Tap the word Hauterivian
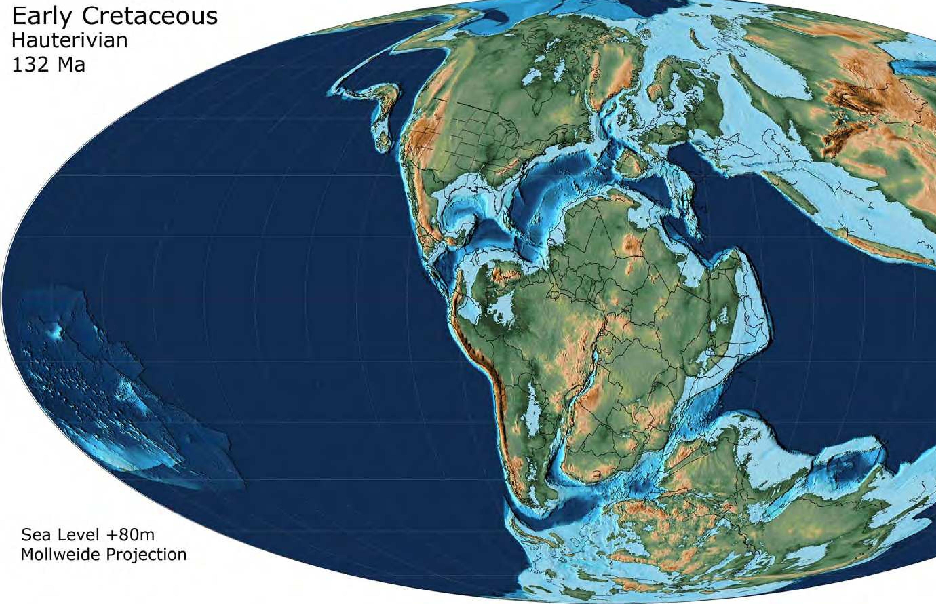pyautogui.click(x=70, y=41)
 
